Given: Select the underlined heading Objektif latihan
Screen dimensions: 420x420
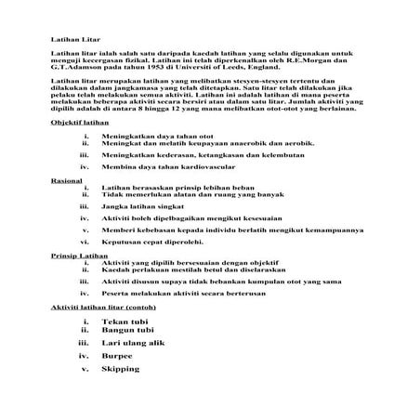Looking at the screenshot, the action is coord(75,122).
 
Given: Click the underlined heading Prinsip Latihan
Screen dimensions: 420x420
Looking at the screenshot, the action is coord(76,255).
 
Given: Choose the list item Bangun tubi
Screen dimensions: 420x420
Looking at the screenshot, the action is coord(134,330).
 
